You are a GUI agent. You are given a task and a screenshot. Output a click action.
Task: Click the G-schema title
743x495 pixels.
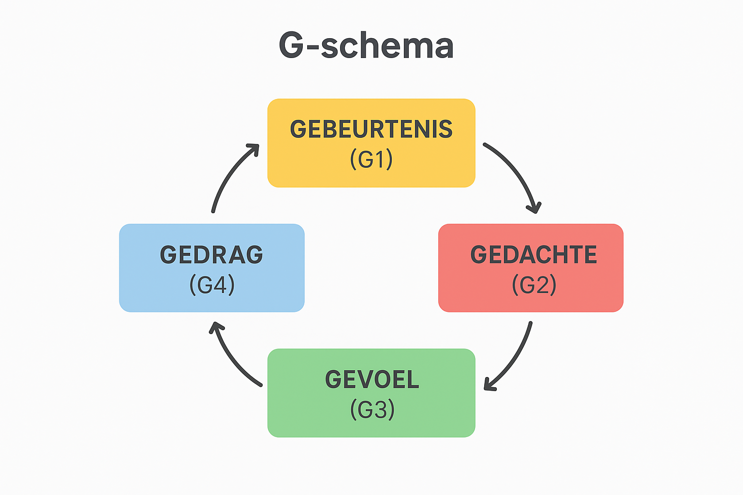pyautogui.click(x=366, y=45)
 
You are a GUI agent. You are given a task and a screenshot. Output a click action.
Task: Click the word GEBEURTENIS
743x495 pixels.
pyautogui.click(x=371, y=130)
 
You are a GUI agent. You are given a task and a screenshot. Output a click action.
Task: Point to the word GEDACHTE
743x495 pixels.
pyautogui.click(x=534, y=255)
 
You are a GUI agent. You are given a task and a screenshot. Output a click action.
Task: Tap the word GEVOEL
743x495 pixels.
pyautogui.click(x=372, y=379)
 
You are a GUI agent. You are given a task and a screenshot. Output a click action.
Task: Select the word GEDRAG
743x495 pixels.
pyautogui.click(x=211, y=255)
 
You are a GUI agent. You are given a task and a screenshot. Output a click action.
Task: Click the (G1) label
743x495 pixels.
pyautogui.click(x=371, y=159)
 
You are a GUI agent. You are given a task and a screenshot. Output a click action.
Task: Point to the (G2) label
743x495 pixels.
pyautogui.click(x=534, y=285)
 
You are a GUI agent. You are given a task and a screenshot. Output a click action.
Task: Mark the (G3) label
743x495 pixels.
pyautogui.click(x=372, y=409)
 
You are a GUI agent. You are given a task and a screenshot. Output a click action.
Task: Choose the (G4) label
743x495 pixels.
pyautogui.click(x=212, y=285)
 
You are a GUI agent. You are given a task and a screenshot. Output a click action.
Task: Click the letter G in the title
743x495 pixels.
pyautogui.click(x=291, y=45)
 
